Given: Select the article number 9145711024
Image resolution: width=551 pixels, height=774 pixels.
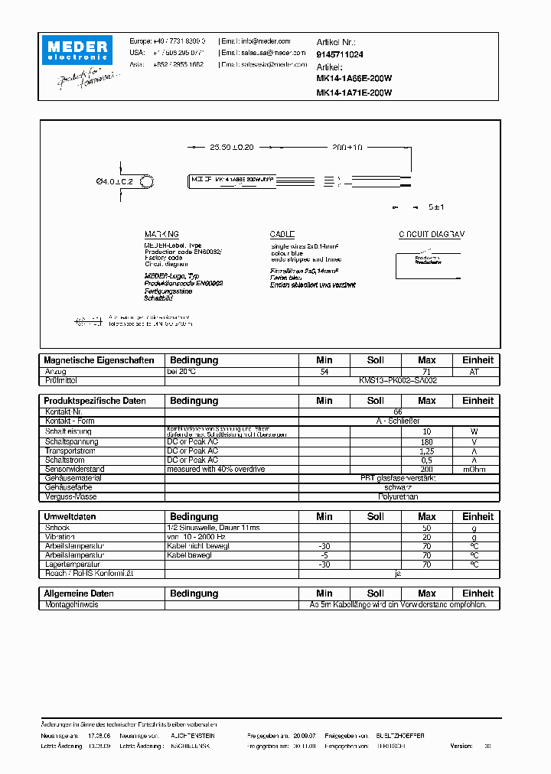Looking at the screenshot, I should [x=340, y=54].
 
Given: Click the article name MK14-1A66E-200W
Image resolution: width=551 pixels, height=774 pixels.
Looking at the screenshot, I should [x=354, y=79].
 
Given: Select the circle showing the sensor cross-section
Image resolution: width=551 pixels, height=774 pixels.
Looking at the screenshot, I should [x=148, y=181].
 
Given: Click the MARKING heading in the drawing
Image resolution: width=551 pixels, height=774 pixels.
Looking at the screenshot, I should [x=161, y=234].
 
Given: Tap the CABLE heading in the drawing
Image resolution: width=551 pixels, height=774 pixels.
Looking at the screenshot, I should [x=282, y=234].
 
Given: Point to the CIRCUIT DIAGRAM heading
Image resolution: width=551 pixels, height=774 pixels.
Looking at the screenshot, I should [x=431, y=234].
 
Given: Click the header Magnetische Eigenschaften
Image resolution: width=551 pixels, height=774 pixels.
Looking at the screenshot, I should [x=99, y=360].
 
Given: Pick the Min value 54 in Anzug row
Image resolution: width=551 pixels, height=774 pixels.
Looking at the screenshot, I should [x=324, y=371].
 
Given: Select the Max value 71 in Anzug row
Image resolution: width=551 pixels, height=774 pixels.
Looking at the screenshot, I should [x=427, y=371].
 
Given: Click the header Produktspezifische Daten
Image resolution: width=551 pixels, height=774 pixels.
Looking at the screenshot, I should [x=95, y=401].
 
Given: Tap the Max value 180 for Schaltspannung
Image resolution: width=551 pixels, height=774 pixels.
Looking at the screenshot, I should [x=427, y=441].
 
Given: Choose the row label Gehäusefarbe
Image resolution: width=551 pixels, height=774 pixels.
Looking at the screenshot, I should [x=69, y=486].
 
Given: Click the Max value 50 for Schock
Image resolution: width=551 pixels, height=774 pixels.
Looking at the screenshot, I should [x=427, y=528].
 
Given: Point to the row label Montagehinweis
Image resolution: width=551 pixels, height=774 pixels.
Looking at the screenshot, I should [x=72, y=604].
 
